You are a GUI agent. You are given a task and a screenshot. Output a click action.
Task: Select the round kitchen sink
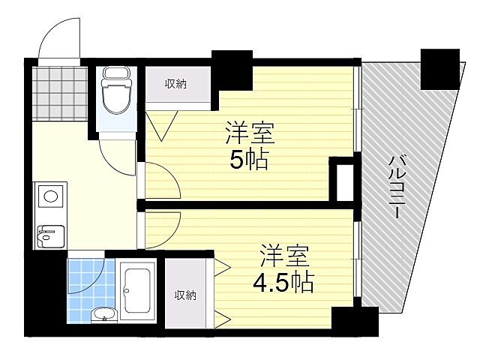tap(50, 197)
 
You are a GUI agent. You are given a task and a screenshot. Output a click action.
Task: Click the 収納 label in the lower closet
tap(185, 295)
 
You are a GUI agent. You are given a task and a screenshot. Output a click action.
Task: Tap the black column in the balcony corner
tap(439, 67)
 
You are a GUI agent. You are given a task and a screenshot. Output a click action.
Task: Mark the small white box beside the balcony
tap(344, 180)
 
